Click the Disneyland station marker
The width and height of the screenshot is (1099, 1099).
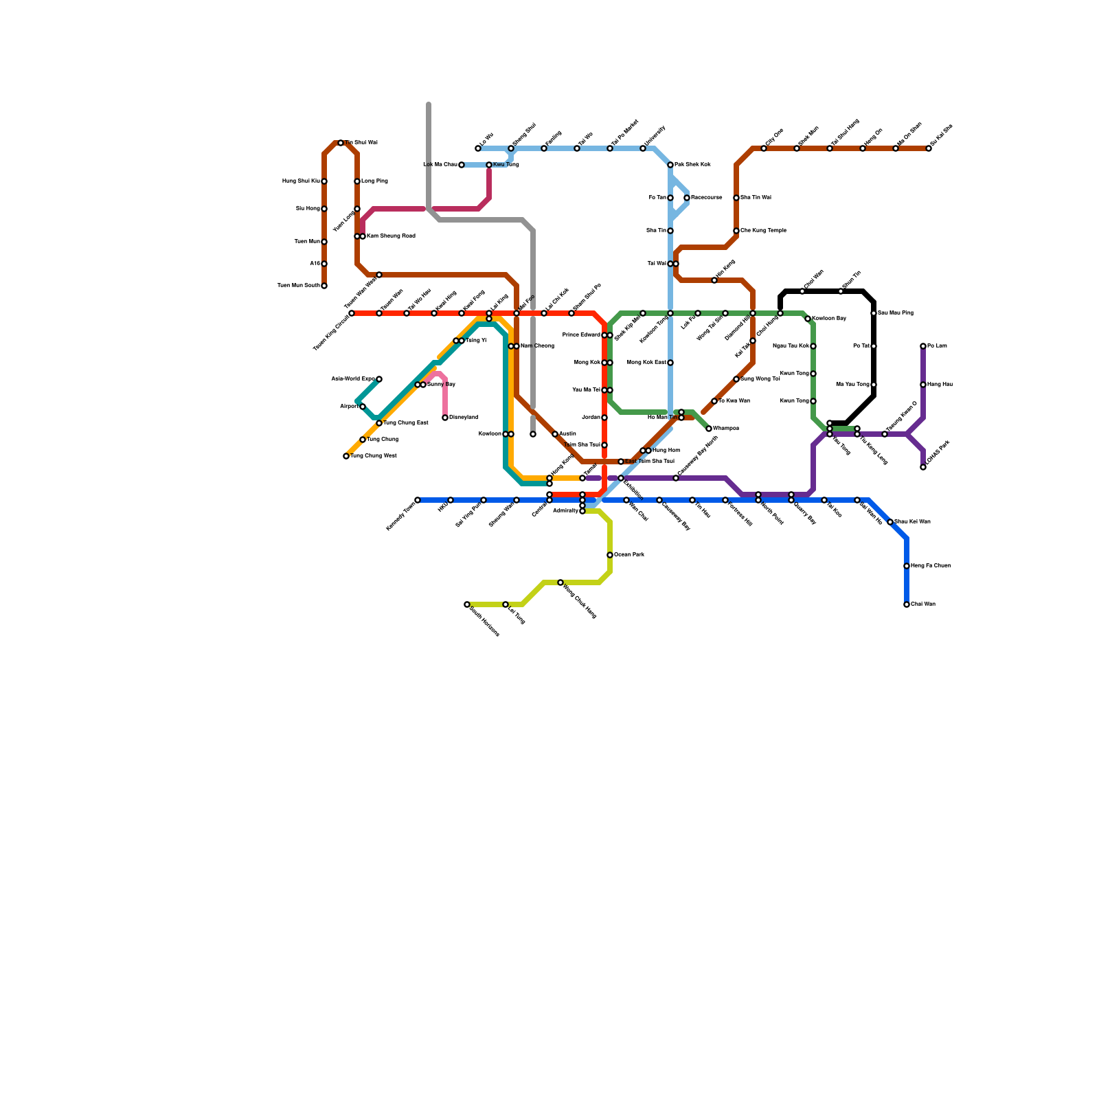click(445, 418)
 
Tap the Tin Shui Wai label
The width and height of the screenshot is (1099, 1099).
click(361, 143)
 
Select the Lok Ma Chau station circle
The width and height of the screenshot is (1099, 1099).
click(462, 165)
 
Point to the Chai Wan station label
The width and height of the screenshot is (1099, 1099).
click(923, 604)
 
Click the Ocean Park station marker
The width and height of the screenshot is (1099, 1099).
click(610, 555)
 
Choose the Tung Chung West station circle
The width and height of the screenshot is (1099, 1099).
click(346, 456)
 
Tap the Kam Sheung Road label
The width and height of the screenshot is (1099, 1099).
click(391, 236)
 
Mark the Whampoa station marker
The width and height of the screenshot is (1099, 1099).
click(709, 429)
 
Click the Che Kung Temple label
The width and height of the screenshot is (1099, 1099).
click(763, 231)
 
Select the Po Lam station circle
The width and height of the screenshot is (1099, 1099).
click(923, 346)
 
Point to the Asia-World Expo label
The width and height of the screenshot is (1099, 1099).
click(352, 379)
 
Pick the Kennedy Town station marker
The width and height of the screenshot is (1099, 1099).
click(418, 500)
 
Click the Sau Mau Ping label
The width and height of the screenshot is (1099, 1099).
click(896, 313)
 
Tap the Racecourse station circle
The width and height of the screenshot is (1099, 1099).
click(687, 198)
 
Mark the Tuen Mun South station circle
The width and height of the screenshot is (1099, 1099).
click(324, 286)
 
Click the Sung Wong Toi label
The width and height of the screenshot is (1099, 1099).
click(760, 379)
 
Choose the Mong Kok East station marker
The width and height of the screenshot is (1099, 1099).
click(670, 363)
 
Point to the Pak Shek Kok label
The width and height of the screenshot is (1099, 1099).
click(692, 165)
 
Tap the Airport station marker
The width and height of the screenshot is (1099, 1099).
click(363, 407)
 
